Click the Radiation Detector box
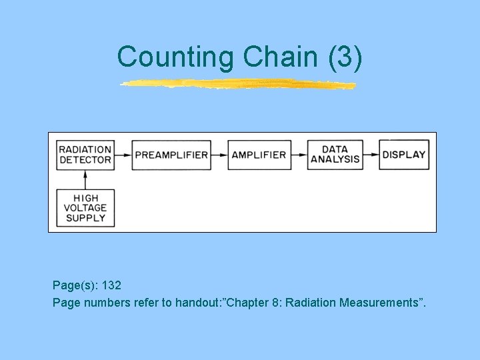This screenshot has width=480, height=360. click(85, 155)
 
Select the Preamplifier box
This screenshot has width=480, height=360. click(171, 155)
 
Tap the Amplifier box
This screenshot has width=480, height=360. click(259, 155)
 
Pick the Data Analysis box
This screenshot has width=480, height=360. click(335, 155)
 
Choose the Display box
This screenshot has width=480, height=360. click(404, 155)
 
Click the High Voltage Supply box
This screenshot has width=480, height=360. click(85, 208)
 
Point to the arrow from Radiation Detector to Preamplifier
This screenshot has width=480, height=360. click(123, 155)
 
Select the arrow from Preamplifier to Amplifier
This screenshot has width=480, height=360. click(219, 155)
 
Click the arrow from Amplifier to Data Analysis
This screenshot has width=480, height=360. click(299, 155)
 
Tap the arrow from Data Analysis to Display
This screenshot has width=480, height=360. click(371, 155)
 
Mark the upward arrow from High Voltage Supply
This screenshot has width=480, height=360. click(85, 179)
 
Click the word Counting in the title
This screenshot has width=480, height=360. click(176, 57)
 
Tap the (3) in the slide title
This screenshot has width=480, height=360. click(345, 57)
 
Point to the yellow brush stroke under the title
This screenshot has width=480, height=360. click(238, 84)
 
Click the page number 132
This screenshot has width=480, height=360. click(111, 285)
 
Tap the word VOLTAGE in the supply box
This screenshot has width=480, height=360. click(85, 208)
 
